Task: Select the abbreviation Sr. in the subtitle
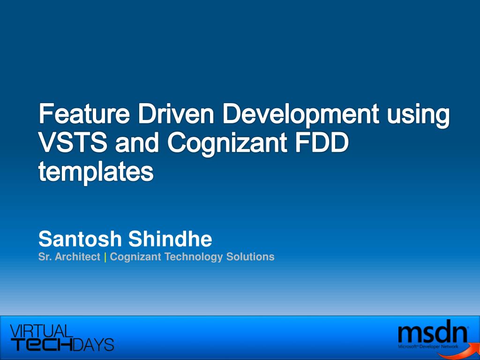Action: [45, 256]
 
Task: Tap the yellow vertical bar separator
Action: [105, 257]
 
